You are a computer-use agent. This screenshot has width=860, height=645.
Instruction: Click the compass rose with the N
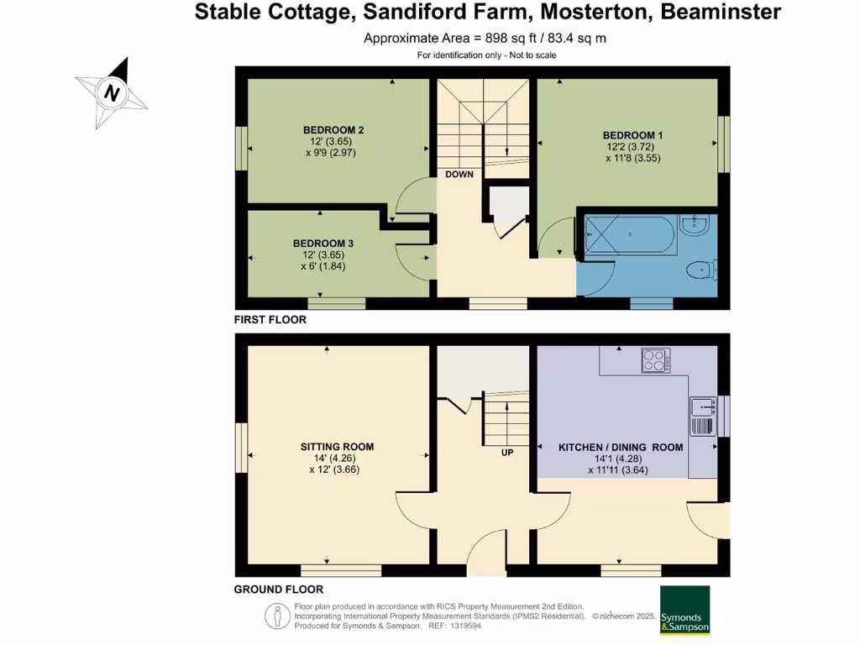coord(112,92)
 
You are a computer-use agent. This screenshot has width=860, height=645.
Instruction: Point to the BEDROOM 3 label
coord(323,244)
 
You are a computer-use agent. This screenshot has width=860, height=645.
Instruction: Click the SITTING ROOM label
coord(337,447)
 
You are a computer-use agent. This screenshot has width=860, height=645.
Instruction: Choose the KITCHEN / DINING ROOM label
coord(621,448)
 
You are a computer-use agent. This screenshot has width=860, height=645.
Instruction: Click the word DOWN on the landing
coord(459,175)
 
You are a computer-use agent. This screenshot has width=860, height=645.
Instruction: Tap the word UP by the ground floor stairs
coord(507,452)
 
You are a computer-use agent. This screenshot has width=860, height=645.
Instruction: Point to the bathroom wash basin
coord(695,223)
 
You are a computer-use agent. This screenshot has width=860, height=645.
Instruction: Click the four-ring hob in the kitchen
coord(655,360)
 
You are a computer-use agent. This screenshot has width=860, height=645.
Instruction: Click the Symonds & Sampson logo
coord(685,610)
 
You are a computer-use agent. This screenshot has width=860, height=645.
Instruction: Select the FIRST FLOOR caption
coord(270,320)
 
